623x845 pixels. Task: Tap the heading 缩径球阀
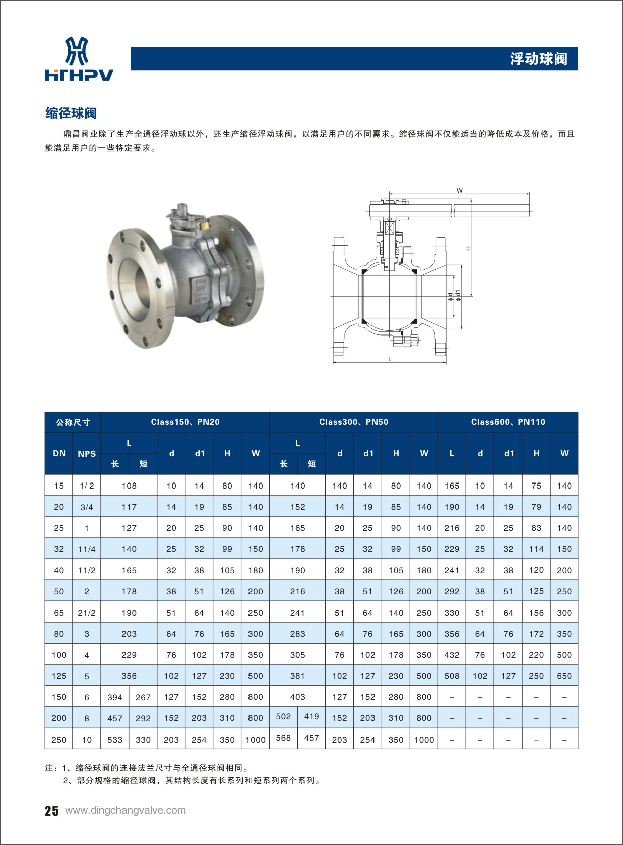71,113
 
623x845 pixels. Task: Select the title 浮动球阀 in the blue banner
538,59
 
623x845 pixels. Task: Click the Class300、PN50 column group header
353,422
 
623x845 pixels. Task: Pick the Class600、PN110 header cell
508,422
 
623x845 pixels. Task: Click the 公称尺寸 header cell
73,422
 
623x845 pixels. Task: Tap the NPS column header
87,454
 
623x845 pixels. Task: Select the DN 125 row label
59,676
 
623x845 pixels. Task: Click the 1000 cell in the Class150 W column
256,740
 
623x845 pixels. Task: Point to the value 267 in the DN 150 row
143,697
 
